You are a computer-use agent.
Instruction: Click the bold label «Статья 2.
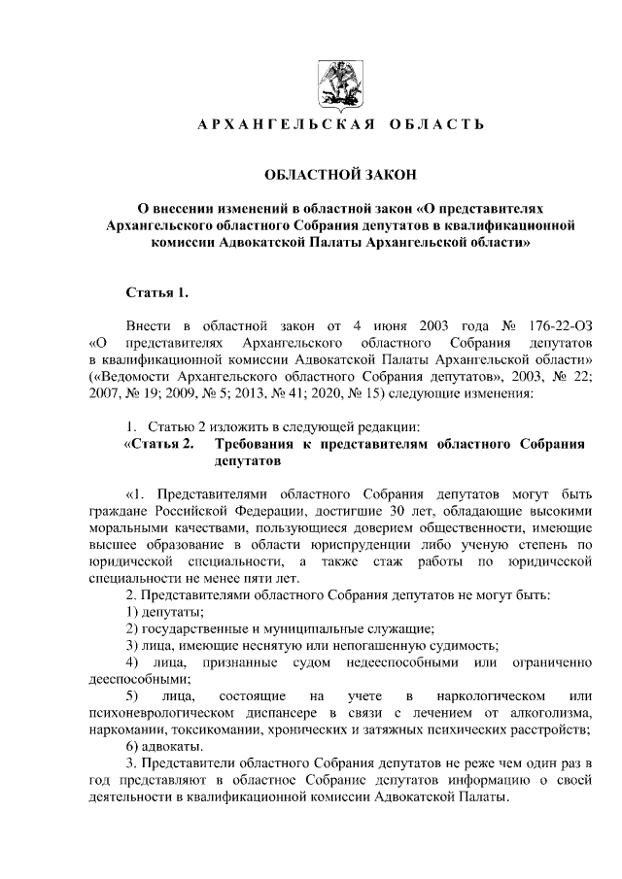point(159,445)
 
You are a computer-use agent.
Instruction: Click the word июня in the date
point(384,323)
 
